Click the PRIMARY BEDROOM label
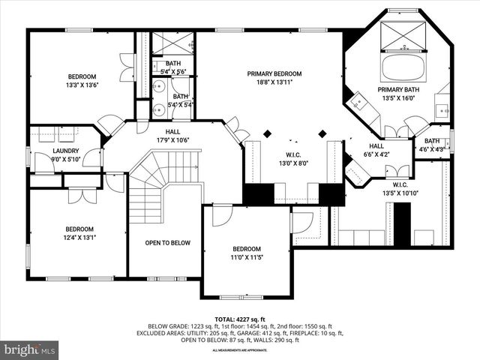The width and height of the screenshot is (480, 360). [274, 73]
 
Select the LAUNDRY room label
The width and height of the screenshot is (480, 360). [66, 151]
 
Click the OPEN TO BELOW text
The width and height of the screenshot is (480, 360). [168, 243]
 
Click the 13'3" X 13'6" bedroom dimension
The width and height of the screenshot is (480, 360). [83, 85]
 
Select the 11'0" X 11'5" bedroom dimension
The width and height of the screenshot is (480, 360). [246, 258]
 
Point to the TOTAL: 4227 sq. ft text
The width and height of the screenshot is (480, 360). [240, 319]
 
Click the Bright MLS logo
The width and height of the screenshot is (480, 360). [30, 349]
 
